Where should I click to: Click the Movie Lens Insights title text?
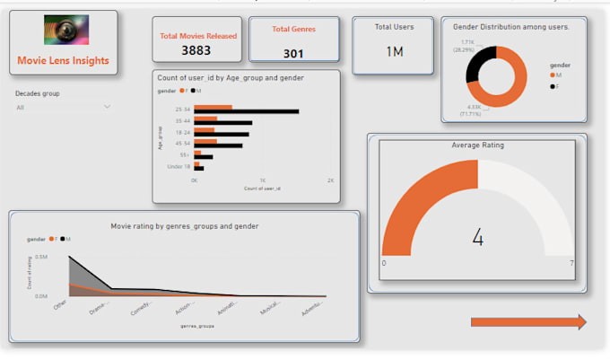(63, 61)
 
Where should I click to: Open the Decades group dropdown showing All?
(63, 107)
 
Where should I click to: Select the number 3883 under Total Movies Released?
(196, 50)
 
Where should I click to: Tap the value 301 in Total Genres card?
(293, 53)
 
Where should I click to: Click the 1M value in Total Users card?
(394, 51)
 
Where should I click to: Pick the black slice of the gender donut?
(479, 57)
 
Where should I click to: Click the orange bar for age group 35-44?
(206, 118)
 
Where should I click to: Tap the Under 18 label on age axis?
(179, 166)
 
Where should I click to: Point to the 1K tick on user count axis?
(263, 180)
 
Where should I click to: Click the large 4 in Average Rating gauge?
(477, 238)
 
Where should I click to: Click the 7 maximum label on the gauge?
(571, 263)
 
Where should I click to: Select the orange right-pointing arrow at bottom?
(528, 321)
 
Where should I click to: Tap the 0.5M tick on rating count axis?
(42, 257)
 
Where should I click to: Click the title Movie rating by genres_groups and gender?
(184, 226)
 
